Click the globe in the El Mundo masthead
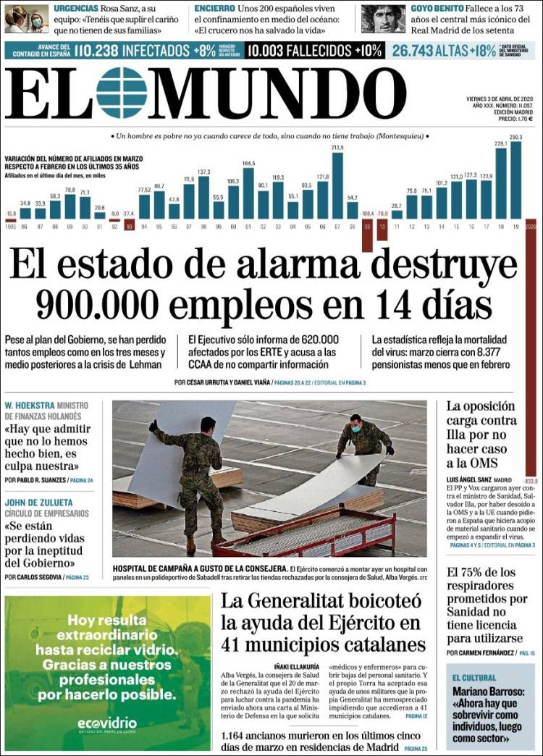pos(122,93)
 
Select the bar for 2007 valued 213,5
pos(337,185)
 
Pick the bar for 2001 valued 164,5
pos(248,193)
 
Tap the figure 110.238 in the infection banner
pos(96,51)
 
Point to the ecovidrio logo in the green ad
pos(107,723)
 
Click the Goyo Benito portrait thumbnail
pos(383,19)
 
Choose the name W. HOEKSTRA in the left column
pos(29,405)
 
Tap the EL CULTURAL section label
pos(474,677)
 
